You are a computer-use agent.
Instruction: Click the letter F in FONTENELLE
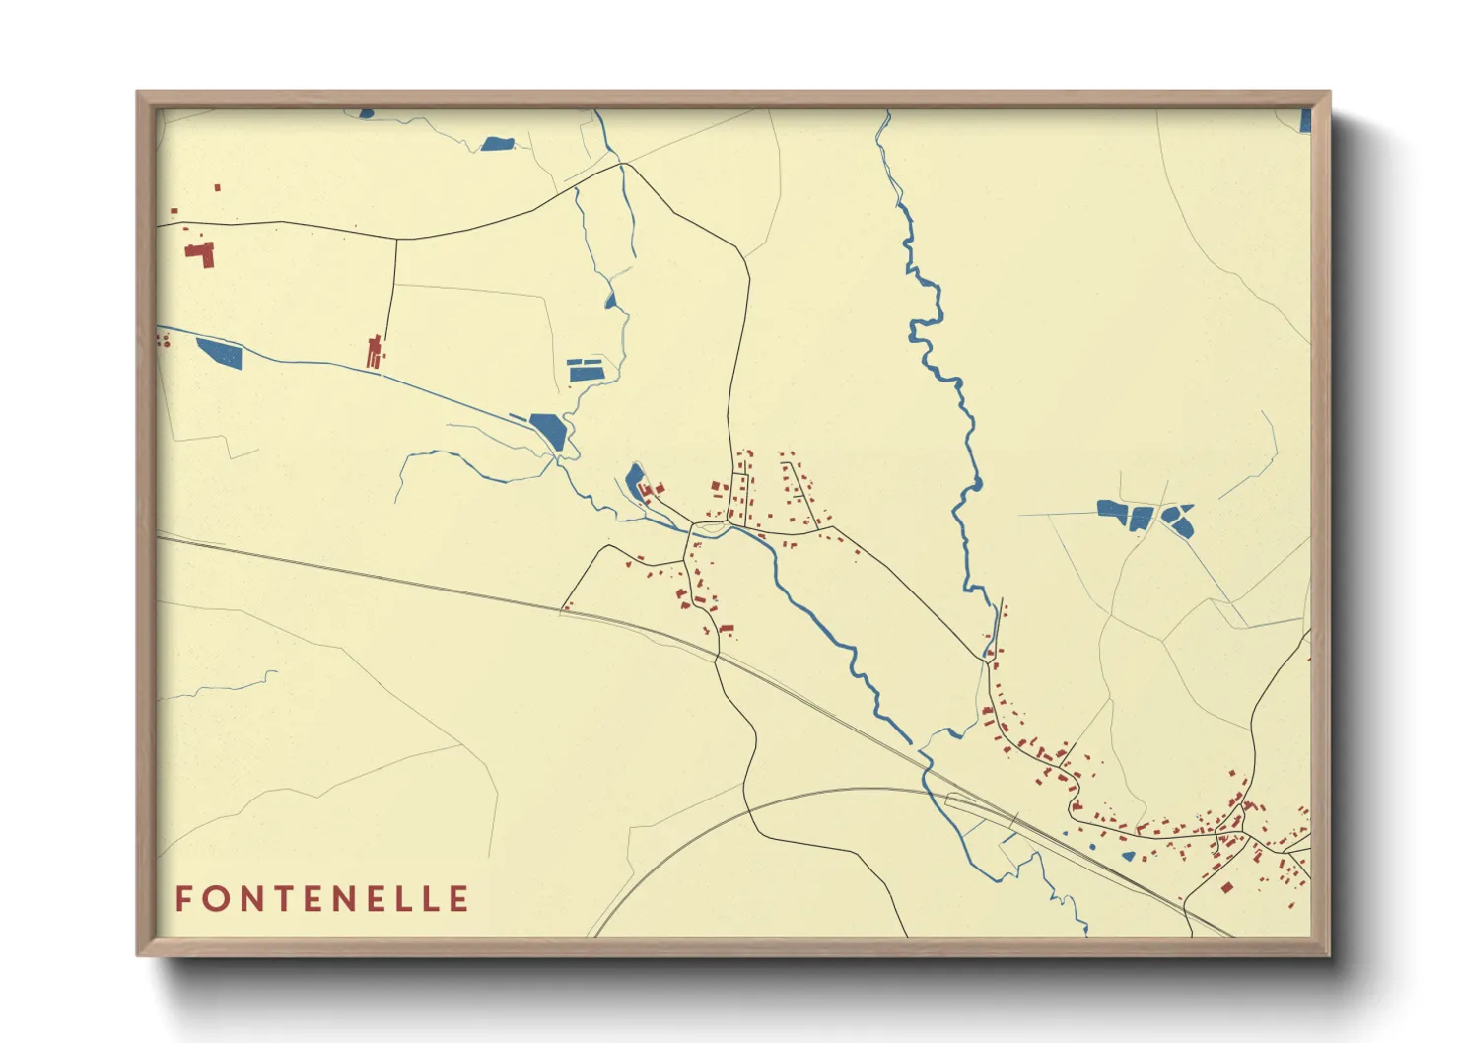(183, 899)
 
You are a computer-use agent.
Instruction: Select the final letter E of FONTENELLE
(459, 899)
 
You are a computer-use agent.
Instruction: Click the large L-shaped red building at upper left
(200, 253)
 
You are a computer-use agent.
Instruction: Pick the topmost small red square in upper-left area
(217, 187)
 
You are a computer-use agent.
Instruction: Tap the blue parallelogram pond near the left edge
(219, 352)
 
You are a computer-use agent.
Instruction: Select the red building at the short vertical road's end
(375, 351)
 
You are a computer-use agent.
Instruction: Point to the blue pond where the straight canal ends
(548, 431)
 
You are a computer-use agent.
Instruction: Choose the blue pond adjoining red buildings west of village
(635, 483)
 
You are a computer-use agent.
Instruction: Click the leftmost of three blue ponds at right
(1113, 510)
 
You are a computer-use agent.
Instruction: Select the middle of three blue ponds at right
(1141, 518)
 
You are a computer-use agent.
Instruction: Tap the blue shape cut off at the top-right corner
(1305, 121)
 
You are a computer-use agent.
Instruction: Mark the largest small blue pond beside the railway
(1128, 856)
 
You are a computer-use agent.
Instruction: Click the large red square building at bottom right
(1226, 887)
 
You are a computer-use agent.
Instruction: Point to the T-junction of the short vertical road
(396, 239)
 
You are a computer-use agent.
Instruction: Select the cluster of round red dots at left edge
(163, 340)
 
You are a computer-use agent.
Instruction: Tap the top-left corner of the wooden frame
(139, 94)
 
